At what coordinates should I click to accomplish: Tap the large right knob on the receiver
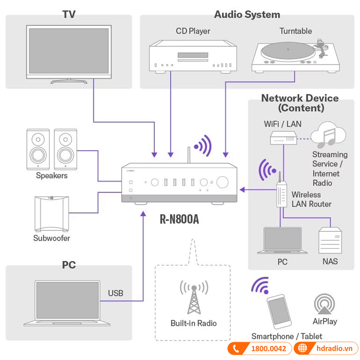point(222,182)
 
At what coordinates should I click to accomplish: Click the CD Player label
point(193,31)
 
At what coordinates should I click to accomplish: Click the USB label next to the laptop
point(116,293)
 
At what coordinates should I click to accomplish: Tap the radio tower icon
point(193,299)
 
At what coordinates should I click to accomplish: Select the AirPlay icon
point(324,304)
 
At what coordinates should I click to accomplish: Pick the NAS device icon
point(330,241)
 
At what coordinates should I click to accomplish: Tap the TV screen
point(68,51)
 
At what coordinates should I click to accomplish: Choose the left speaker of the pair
point(38,148)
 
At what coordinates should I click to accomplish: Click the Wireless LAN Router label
point(311,199)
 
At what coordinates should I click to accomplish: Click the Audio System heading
point(247,14)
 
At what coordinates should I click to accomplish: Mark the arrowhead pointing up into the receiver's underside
point(144,215)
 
